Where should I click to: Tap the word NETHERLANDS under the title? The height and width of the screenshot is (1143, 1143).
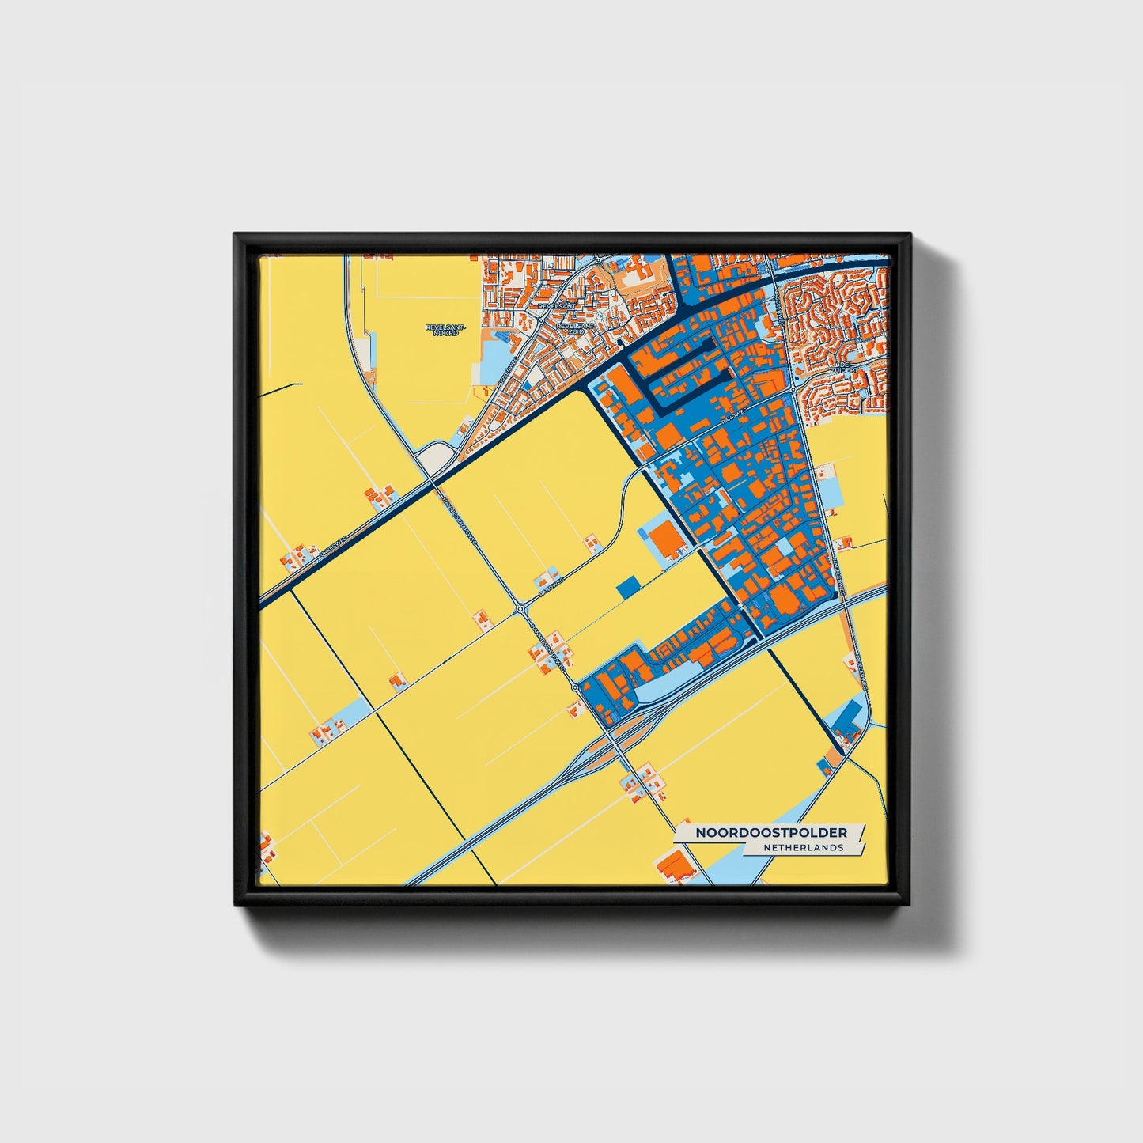click(803, 848)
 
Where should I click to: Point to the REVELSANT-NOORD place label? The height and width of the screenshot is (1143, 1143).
click(445, 330)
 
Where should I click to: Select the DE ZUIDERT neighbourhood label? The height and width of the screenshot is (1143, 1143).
click(844, 369)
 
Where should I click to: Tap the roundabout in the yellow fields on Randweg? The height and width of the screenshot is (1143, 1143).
click(521, 609)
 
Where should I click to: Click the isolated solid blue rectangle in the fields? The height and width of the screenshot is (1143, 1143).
click(626, 587)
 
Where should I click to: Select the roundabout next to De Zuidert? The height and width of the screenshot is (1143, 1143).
click(793, 388)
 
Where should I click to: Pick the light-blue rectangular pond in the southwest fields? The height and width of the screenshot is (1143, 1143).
click(353, 710)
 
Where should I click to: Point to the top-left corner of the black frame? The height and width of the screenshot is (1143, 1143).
click(236, 235)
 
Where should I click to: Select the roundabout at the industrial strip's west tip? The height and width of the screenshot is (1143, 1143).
click(576, 687)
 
